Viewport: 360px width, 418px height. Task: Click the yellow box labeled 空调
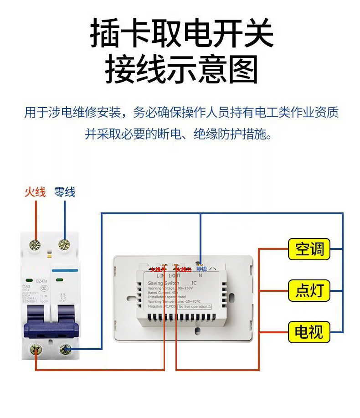click(x=309, y=249)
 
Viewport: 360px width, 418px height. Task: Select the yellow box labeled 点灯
click(x=309, y=290)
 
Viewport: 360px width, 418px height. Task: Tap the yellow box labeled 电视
click(x=309, y=331)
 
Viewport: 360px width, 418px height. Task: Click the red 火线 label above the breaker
click(x=35, y=192)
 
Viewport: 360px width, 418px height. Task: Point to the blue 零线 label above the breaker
click(x=64, y=192)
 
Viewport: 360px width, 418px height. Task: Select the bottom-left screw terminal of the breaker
click(x=36, y=350)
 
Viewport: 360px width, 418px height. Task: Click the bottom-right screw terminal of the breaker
click(x=66, y=350)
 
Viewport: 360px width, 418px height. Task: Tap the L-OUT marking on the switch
click(x=175, y=276)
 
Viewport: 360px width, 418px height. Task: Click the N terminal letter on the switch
click(x=200, y=276)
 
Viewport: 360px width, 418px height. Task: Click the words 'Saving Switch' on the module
click(x=164, y=284)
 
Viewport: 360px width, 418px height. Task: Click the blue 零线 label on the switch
click(x=201, y=269)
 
